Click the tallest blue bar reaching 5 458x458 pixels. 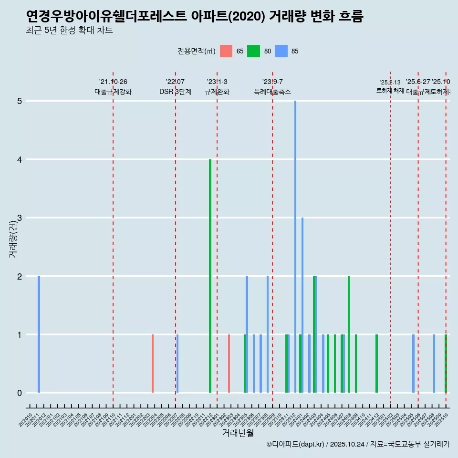click(x=295, y=247)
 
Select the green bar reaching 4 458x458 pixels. click(x=210, y=276)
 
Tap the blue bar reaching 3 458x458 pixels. click(x=302, y=305)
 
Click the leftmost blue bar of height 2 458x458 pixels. click(x=39, y=334)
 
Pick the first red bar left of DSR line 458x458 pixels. click(x=153, y=364)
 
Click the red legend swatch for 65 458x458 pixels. click(x=226, y=51)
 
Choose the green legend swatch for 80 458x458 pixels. click(x=253, y=51)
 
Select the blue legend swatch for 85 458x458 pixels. click(x=281, y=51)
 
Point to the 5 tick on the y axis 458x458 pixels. click(x=20, y=101)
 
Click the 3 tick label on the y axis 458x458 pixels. click(x=20, y=218)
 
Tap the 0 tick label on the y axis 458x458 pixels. click(x=20, y=393)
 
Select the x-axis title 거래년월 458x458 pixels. click(x=238, y=433)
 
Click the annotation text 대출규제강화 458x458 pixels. click(x=113, y=92)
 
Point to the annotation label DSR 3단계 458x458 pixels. click(x=176, y=92)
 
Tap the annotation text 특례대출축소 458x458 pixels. click(x=272, y=92)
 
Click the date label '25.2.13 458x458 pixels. click(x=390, y=83)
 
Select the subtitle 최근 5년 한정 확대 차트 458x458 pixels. click(x=69, y=31)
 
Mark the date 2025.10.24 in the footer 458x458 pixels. click(x=347, y=444)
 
